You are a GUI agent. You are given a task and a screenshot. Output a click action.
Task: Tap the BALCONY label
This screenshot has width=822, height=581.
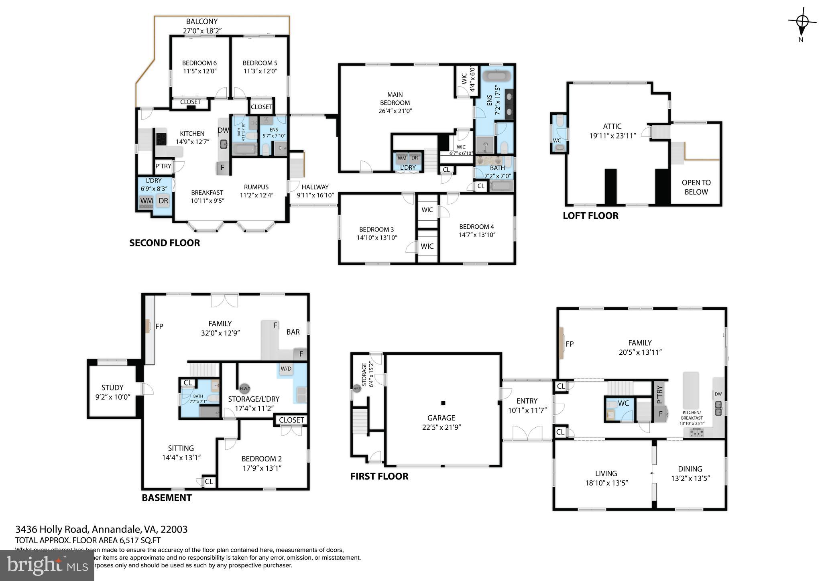[201, 22]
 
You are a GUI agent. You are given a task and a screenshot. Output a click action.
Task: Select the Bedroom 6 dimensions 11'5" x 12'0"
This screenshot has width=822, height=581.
[199, 71]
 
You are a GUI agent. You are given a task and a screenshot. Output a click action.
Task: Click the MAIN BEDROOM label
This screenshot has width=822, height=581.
[395, 99]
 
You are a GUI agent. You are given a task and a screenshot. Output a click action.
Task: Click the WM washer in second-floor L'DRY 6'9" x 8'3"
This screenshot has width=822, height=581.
[146, 201]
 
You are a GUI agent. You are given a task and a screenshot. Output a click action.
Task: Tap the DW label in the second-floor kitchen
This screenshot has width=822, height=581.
[223, 130]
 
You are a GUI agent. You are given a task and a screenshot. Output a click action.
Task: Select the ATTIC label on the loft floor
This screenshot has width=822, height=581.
[612, 126]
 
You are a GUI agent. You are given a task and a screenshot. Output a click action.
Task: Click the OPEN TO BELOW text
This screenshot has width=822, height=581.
[696, 187]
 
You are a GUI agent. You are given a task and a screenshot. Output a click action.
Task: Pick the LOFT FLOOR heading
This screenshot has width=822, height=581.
[590, 216]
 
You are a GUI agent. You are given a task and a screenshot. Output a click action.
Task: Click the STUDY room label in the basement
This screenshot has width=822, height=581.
[112, 388]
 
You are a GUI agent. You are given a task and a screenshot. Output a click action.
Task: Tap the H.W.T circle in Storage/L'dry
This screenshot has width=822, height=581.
[245, 388]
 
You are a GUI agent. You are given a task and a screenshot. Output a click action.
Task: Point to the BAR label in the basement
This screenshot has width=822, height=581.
[293, 332]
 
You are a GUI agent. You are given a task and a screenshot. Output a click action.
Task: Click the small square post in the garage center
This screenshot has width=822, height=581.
[443, 403]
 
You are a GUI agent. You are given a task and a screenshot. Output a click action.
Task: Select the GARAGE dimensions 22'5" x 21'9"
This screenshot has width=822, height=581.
[442, 428]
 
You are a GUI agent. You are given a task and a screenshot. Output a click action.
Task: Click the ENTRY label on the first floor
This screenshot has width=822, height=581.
[527, 401]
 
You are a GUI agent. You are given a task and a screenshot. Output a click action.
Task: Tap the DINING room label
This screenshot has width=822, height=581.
[690, 469]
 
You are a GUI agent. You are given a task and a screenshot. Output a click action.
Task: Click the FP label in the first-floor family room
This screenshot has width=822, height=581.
[570, 344]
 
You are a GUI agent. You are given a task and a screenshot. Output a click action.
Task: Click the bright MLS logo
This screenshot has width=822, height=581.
[47, 566]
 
